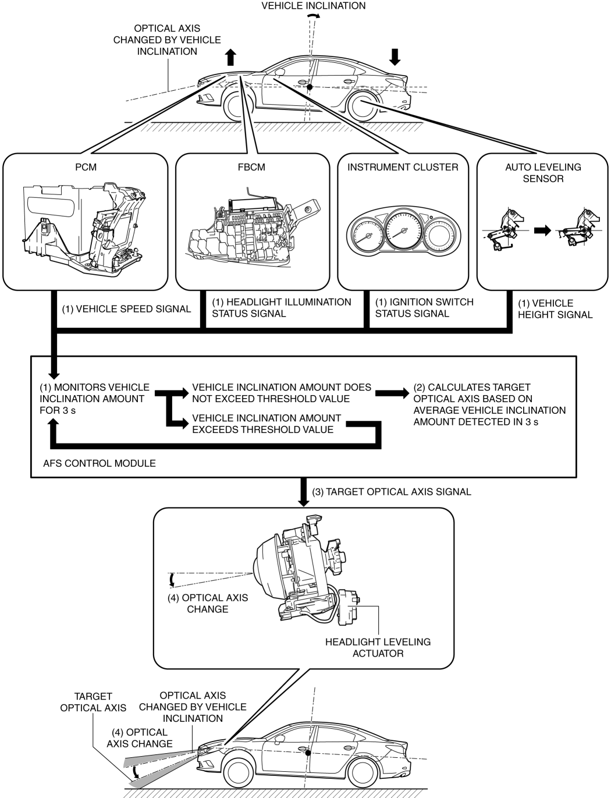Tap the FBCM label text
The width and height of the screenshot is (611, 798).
(x=251, y=167)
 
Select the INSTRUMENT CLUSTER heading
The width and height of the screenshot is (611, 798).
(x=403, y=167)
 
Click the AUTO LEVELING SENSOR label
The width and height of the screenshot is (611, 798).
(x=542, y=173)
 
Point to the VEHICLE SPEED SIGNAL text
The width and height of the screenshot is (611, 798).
(x=126, y=309)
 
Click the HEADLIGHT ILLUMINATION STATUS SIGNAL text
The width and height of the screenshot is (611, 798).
(x=281, y=308)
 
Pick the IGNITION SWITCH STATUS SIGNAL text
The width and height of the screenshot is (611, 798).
(x=424, y=308)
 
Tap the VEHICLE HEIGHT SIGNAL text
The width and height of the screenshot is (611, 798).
(x=555, y=309)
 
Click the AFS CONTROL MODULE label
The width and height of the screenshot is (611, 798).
(x=100, y=463)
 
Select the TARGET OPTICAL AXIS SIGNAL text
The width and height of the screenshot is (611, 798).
(x=392, y=492)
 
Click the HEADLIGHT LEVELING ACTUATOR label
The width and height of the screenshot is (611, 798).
(x=378, y=647)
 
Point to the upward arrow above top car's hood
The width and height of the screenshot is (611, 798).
(x=231, y=56)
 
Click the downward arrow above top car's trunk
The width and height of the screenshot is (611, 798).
(x=395, y=56)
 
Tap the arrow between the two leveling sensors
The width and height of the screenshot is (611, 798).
(x=542, y=230)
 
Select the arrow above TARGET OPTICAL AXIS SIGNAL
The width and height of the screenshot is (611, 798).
(x=304, y=492)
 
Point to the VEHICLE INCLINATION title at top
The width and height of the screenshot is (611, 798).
(x=314, y=6)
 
